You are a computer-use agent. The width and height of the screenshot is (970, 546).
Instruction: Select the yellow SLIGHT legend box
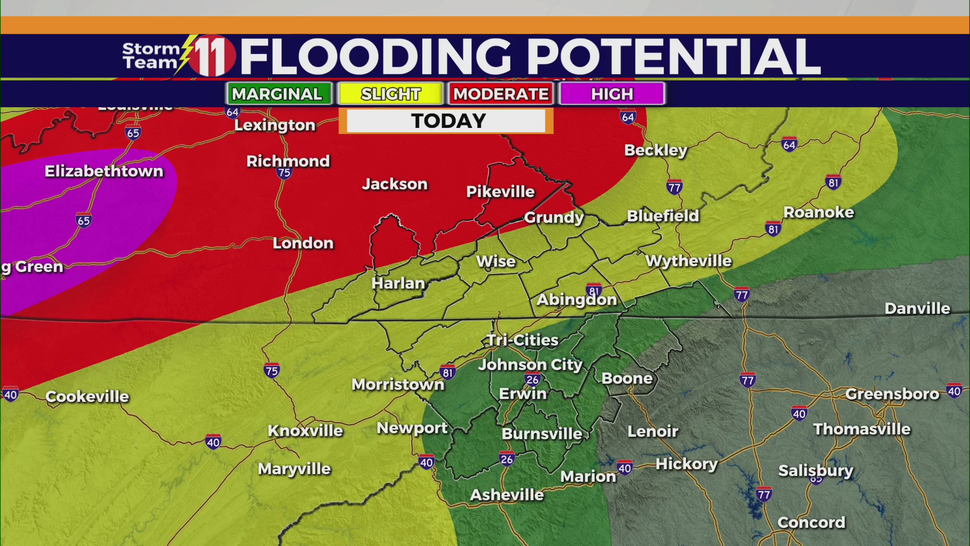tap(391, 94)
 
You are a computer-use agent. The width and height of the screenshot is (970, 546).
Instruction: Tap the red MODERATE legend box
tap(501, 94)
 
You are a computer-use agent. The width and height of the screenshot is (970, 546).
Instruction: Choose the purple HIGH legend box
tap(612, 94)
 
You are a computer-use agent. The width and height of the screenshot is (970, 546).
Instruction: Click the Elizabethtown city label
tap(104, 171)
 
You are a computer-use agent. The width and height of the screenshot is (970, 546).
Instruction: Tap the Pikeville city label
tap(500, 192)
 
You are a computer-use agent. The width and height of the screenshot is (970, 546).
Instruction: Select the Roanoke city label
tap(818, 212)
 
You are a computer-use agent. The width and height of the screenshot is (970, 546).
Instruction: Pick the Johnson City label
tap(530, 365)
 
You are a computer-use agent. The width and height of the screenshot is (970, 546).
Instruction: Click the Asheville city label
tap(507, 494)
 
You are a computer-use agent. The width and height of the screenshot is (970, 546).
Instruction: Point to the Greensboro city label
tap(892, 394)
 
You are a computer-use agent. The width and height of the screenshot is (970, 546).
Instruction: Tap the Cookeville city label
tap(87, 396)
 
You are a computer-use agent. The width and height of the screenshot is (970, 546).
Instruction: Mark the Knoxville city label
tap(305, 431)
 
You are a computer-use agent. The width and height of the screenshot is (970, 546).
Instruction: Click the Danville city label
tap(917, 308)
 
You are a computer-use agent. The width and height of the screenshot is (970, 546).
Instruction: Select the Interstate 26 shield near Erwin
tap(532, 379)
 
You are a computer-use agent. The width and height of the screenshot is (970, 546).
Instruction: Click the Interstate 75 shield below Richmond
tap(284, 173)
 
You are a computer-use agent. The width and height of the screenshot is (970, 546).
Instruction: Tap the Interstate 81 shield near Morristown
tap(447, 373)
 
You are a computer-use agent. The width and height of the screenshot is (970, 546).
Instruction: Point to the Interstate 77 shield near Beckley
tap(674, 188)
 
